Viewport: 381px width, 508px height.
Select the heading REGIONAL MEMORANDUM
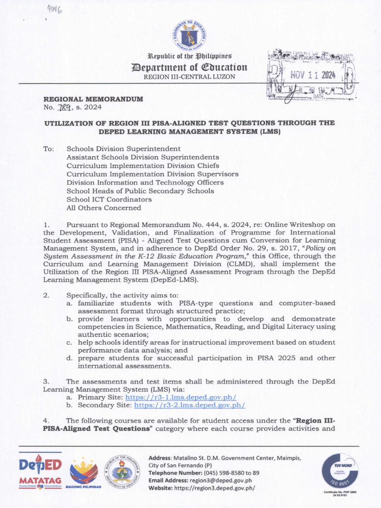[x=93, y=99]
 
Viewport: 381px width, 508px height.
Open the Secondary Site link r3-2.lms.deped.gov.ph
[x=190, y=405]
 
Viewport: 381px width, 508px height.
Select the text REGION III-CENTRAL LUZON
[x=189, y=77]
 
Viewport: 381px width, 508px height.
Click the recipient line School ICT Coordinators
[x=109, y=199]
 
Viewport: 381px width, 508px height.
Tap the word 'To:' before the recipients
[x=49, y=149]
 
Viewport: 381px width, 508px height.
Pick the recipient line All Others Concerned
[x=104, y=208]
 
